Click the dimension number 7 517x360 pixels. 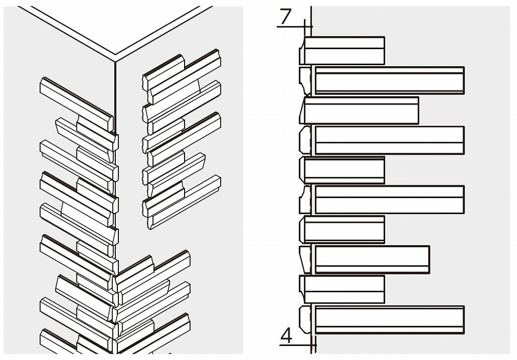click(285, 17)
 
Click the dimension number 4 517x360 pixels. click(286, 336)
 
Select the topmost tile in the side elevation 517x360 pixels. click(344, 51)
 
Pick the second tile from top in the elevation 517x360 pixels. click(389, 80)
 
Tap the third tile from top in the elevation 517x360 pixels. click(361, 110)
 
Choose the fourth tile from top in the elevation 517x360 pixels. click(389, 140)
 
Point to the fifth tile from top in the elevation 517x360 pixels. click(344, 170)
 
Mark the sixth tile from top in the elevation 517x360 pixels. click(389, 200)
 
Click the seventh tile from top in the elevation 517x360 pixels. click(344, 230)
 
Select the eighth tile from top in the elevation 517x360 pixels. click(372, 259)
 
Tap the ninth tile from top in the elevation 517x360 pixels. click(344, 289)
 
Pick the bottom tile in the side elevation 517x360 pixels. click(389, 320)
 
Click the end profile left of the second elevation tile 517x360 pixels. click(305, 80)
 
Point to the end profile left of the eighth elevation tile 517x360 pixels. click(305, 259)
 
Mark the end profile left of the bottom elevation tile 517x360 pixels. click(305, 320)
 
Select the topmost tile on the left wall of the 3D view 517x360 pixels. click(77, 104)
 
